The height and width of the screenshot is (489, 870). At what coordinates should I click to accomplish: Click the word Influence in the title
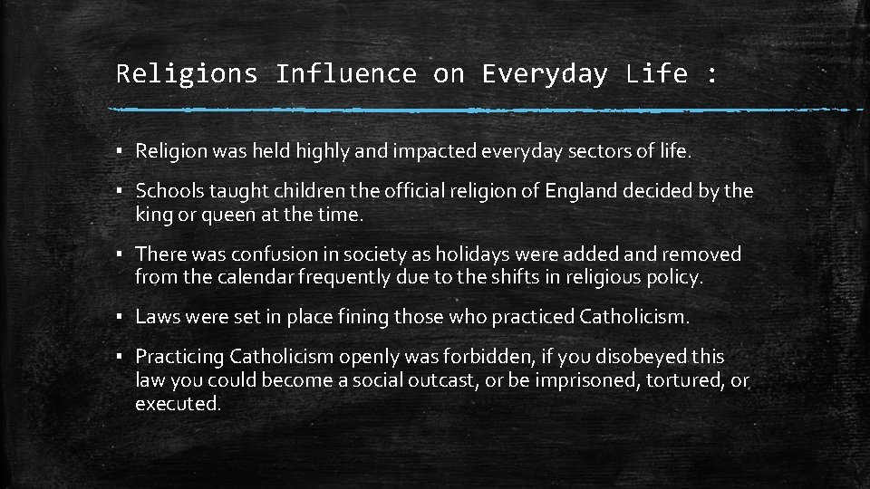coord(345,73)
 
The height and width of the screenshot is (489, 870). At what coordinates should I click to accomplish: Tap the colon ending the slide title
coord(711,75)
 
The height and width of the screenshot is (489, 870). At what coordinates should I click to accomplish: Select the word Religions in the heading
coord(187,73)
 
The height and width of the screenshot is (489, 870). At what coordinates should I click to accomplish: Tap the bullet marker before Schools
coord(121,191)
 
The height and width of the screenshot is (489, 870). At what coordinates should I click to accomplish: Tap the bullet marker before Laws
coord(121,317)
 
